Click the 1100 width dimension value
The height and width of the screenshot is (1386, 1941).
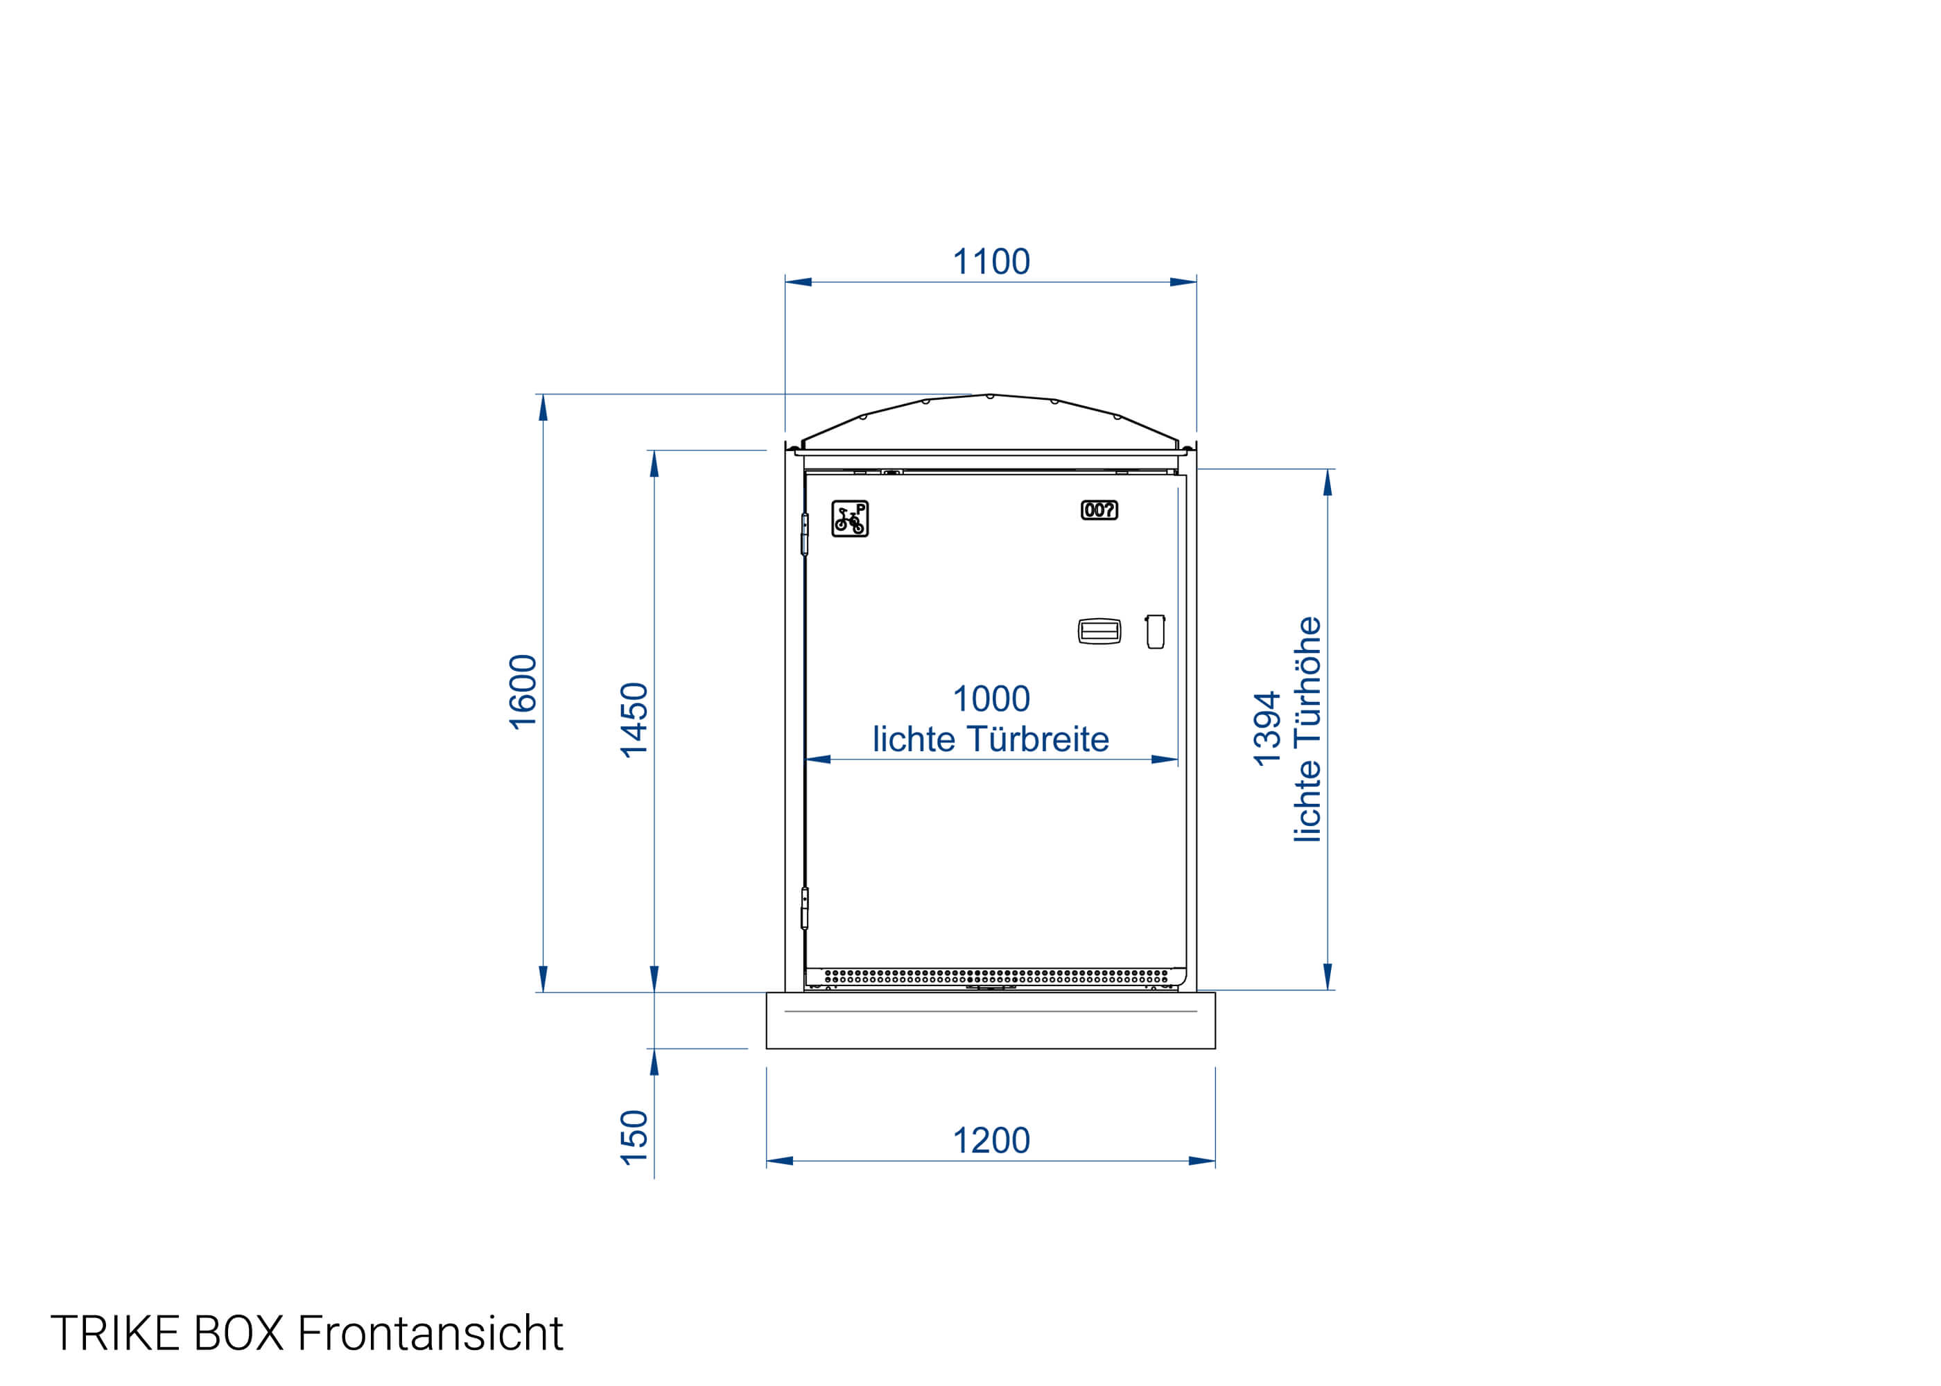(x=991, y=262)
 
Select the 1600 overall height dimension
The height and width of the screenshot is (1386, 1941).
(x=523, y=692)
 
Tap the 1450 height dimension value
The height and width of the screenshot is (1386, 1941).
(x=634, y=720)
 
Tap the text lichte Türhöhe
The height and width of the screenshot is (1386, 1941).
(x=1307, y=729)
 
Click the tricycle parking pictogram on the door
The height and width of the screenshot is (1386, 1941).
(x=850, y=519)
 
